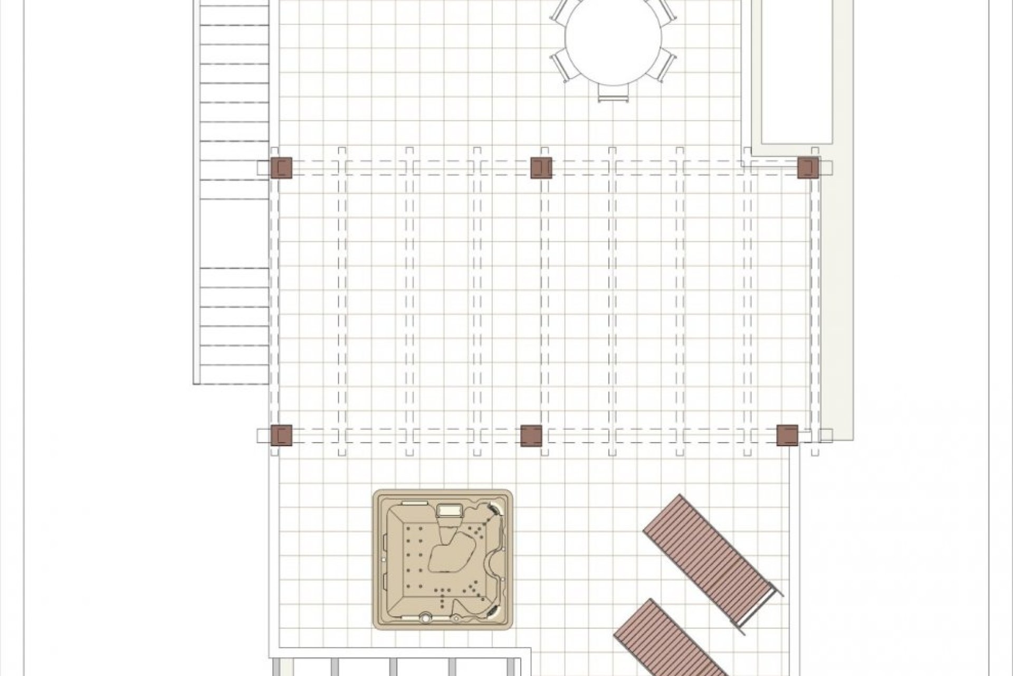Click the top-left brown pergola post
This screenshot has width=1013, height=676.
[x=281, y=167]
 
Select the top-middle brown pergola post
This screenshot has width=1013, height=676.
[x=541, y=167]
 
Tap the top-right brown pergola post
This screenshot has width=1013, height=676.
[x=808, y=167]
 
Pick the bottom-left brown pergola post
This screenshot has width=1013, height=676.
[x=281, y=436]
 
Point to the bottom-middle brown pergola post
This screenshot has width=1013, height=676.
[x=531, y=436]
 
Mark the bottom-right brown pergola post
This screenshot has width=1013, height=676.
[x=787, y=436]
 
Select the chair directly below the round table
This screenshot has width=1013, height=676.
[x=613, y=93]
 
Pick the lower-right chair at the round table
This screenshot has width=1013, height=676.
[x=666, y=64]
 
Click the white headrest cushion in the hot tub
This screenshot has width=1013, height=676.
[x=449, y=510]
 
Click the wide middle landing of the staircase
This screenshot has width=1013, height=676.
[x=233, y=233]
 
